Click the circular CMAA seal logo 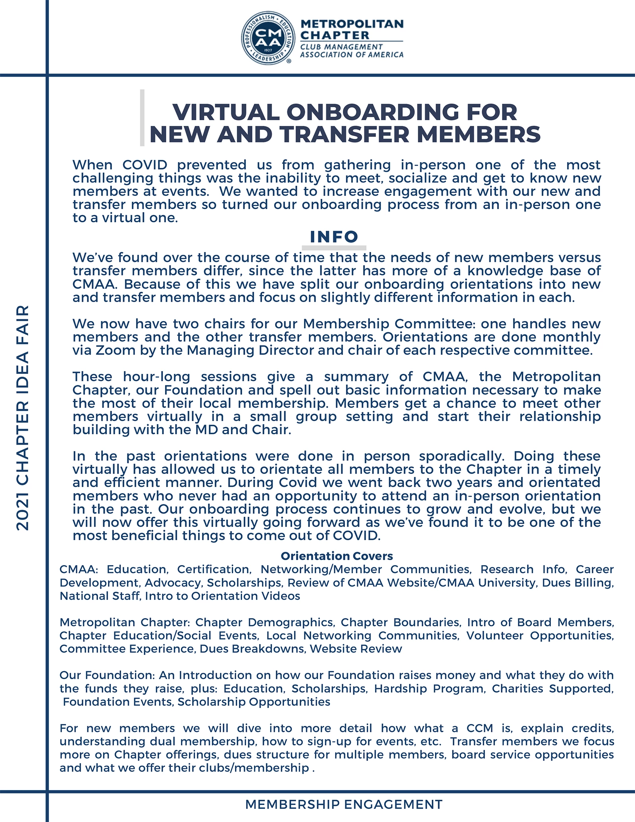(x=268, y=38)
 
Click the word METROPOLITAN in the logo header (x=352, y=24)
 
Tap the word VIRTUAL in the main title (x=226, y=112)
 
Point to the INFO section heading (x=334, y=237)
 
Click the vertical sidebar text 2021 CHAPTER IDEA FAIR (x=23, y=418)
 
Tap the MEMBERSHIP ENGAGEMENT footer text (x=344, y=805)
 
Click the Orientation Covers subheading (x=337, y=556)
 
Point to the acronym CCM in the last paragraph (x=480, y=728)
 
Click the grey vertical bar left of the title (x=142, y=118)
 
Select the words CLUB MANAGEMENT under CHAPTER (x=335, y=47)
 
